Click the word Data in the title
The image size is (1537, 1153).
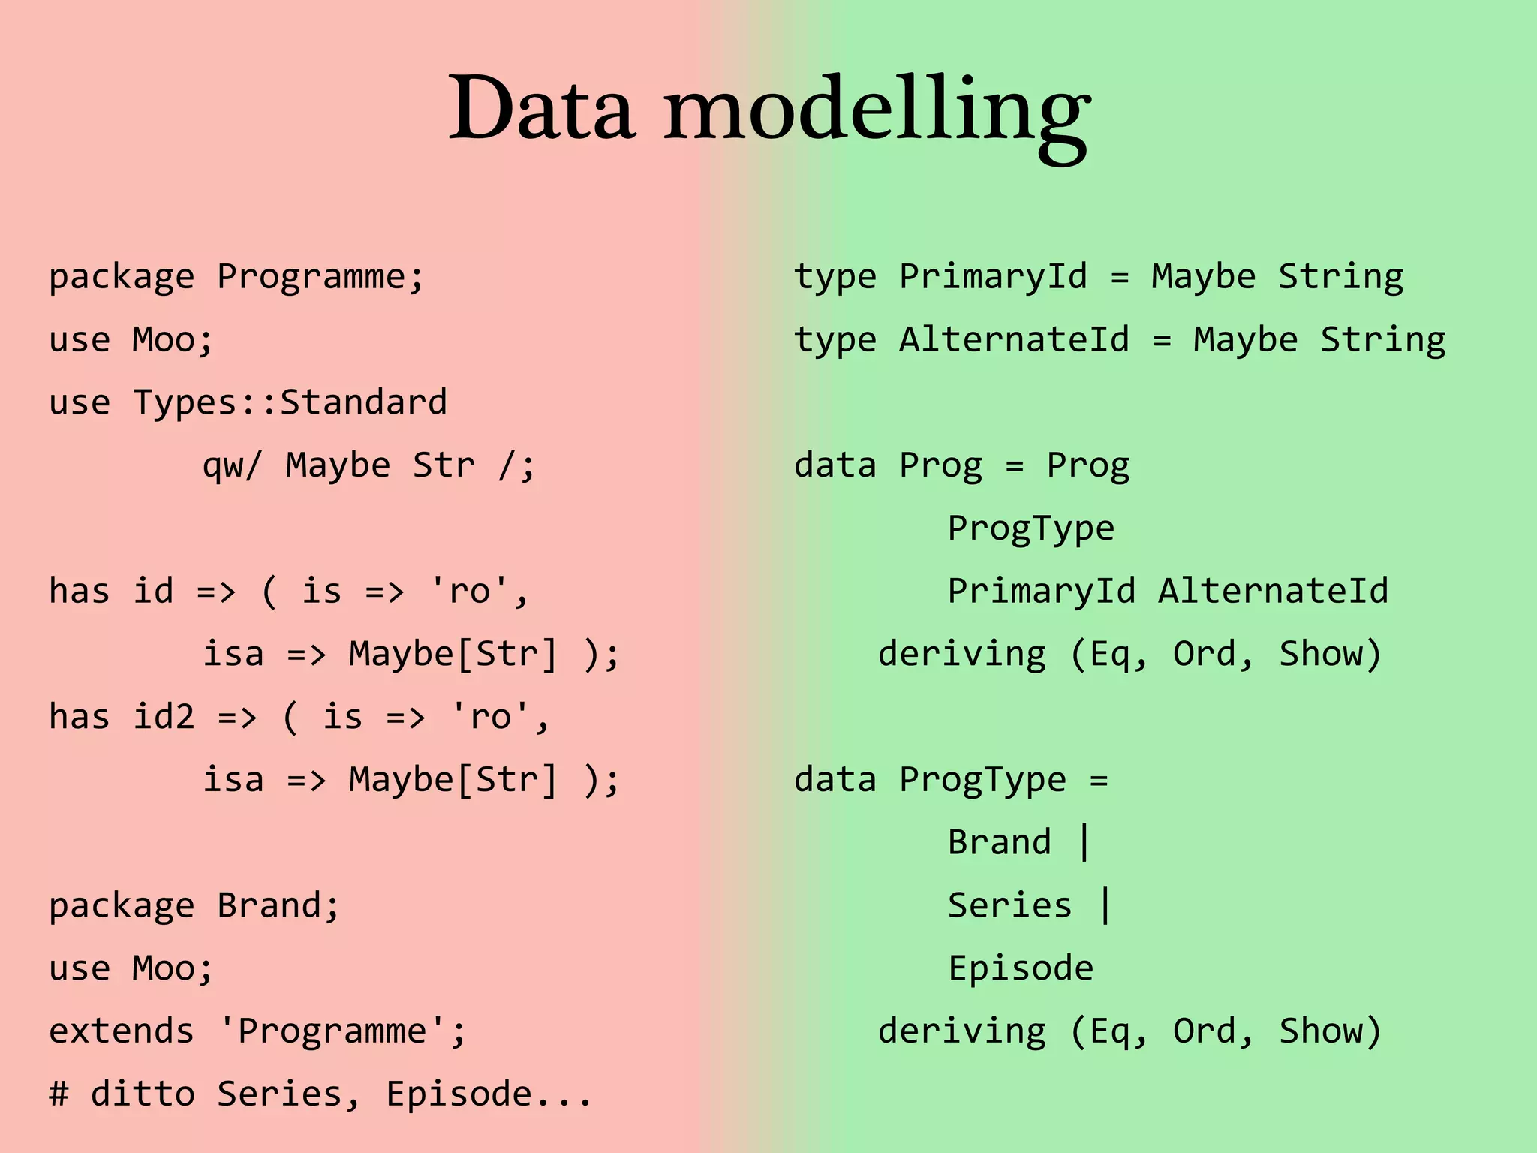tap(542, 109)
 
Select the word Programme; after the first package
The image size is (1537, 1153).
tap(321, 277)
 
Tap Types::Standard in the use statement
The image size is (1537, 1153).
tap(290, 402)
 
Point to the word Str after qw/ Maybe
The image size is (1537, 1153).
tap(444, 465)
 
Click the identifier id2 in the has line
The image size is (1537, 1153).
tap(164, 717)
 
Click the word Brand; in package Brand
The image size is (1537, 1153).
tap(278, 905)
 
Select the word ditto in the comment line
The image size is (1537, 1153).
tap(143, 1094)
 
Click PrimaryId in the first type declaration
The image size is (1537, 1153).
tap(993, 277)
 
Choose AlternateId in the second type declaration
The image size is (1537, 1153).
tap(1014, 340)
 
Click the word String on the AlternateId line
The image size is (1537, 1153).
tap(1382, 340)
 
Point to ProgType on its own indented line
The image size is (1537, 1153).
tap(1030, 528)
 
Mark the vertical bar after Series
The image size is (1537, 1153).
tap(1105, 905)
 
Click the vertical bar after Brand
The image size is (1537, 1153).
tap(1084, 842)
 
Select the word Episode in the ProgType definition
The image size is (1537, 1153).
tap(1021, 968)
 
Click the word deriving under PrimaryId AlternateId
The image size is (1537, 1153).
tap(961, 654)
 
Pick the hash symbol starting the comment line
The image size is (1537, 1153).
tap(59, 1094)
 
